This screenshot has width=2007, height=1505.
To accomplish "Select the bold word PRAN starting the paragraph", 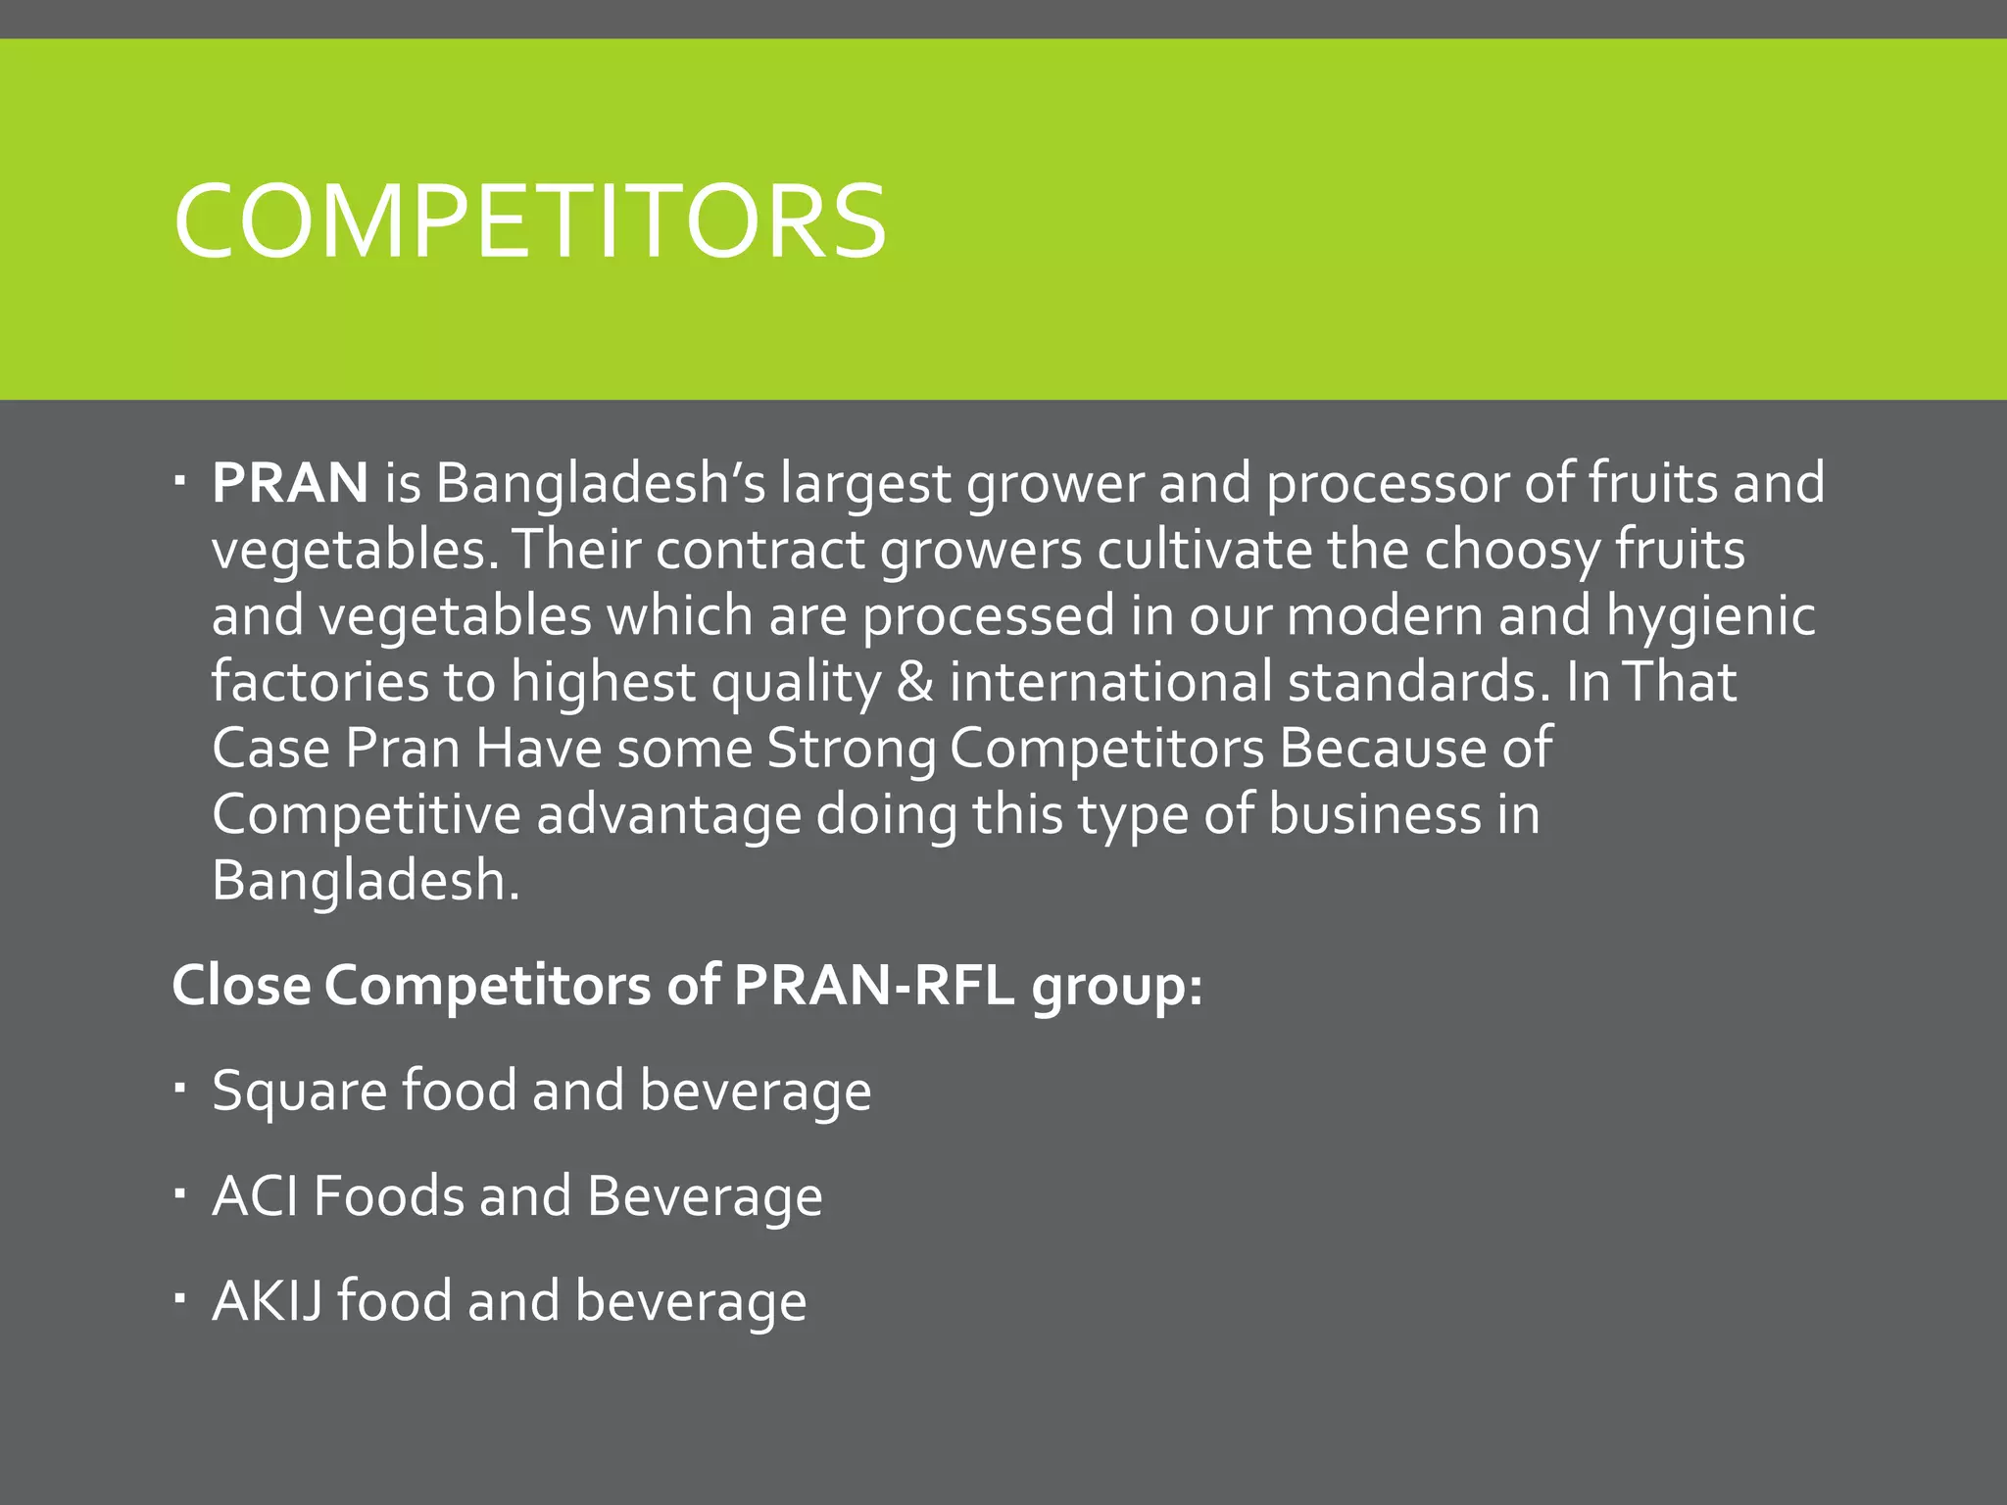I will point(290,483).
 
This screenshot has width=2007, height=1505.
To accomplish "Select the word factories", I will point(319,682).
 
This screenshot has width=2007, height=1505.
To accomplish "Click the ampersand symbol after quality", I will point(914,682).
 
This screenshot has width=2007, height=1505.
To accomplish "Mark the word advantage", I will point(668,815).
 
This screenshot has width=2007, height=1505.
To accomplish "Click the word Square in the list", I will point(300,1092).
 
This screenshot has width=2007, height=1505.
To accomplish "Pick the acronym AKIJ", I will point(267,1301).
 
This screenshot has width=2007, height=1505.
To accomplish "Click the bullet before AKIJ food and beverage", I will point(179,1297).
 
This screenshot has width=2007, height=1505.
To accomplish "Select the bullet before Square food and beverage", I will point(179,1087).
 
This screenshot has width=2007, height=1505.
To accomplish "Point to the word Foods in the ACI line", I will point(388,1196).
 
